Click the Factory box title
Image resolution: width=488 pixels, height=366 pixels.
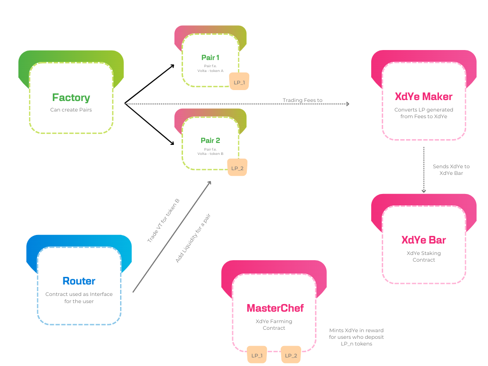[x=71, y=98]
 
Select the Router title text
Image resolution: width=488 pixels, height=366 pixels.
[x=79, y=281]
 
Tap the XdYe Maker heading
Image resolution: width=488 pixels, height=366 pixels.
[x=424, y=97]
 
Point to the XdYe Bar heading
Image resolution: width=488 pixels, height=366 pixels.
[x=424, y=240]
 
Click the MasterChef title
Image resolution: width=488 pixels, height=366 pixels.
[x=275, y=308]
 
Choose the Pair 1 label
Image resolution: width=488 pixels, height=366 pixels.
[x=210, y=58]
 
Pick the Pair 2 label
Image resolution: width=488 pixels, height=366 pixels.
[x=210, y=141]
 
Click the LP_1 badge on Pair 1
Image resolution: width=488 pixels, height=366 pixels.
[x=239, y=82]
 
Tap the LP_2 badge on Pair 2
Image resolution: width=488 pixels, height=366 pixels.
[x=237, y=168]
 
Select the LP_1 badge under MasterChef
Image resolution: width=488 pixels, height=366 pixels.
[x=257, y=356]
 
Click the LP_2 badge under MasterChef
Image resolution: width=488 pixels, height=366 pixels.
[x=291, y=356]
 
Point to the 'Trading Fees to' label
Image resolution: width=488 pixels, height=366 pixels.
[x=302, y=101]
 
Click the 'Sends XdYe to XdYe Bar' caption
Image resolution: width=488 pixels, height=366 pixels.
[x=451, y=170]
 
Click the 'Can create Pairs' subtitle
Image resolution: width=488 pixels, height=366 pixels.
[x=71, y=110]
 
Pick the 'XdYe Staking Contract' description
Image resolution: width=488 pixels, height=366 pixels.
[x=424, y=256]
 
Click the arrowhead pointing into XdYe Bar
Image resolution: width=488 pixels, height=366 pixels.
[x=424, y=191]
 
